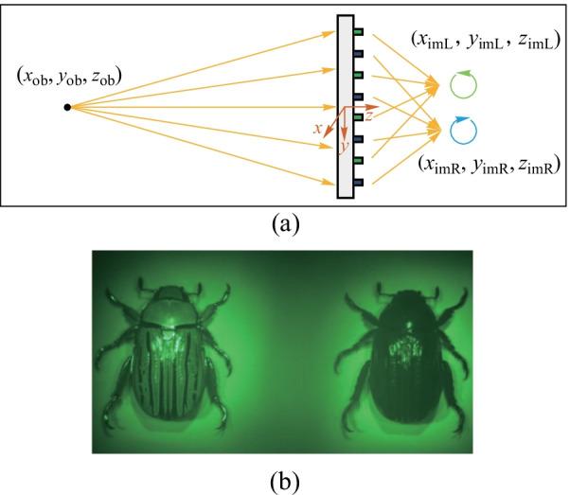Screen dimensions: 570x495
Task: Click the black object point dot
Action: click(66, 106)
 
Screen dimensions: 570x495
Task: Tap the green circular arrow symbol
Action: click(466, 86)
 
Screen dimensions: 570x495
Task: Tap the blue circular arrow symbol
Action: click(466, 129)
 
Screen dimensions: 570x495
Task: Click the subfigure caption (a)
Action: click(285, 223)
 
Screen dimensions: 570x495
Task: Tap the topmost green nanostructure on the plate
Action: click(359, 31)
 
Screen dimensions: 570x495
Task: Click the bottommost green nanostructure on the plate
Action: click(359, 181)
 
